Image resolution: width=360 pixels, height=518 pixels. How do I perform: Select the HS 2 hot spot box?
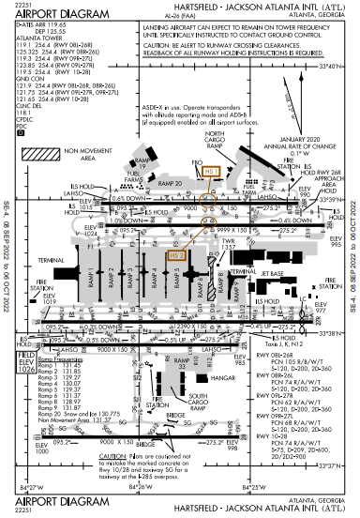(x=176, y=254)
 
